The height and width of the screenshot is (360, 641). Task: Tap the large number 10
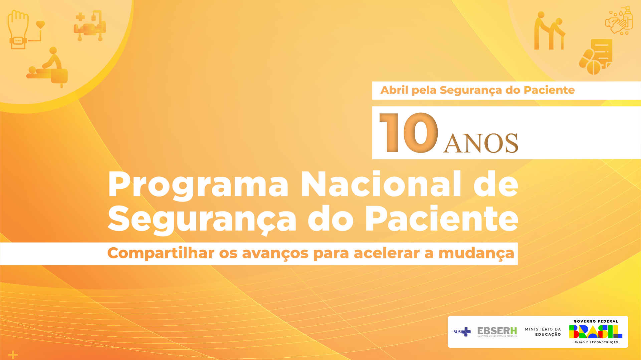[x=409, y=133]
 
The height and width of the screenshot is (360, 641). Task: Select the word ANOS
[x=481, y=143]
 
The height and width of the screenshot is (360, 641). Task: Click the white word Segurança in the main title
[x=202, y=220]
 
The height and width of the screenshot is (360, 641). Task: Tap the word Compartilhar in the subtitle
[x=161, y=253]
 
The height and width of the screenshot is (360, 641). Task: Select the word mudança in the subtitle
[x=476, y=253]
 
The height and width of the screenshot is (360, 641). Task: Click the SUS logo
[x=462, y=332]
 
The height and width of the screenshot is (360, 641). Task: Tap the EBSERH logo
[x=497, y=331]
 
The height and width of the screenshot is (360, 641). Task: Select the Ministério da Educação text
[x=543, y=332]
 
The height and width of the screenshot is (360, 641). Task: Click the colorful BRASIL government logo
[x=596, y=332]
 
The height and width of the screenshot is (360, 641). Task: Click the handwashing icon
[x=619, y=21]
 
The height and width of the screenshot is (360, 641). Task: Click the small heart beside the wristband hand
[x=40, y=24]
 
